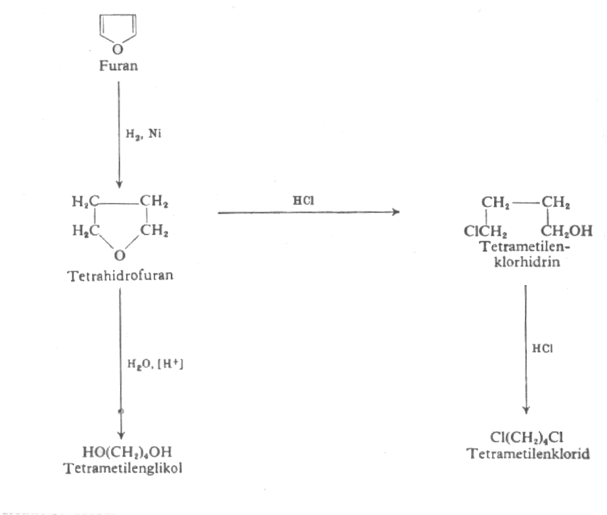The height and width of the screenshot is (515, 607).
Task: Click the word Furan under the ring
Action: (118, 66)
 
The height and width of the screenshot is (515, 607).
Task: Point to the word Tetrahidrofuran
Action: (120, 276)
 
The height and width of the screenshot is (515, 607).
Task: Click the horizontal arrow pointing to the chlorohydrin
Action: (308, 212)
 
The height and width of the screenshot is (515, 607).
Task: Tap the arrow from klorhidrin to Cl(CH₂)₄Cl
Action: (526, 348)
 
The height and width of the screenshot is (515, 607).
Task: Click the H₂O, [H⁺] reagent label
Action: (154, 362)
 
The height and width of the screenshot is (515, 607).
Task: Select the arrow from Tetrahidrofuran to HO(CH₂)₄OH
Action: (120, 361)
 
